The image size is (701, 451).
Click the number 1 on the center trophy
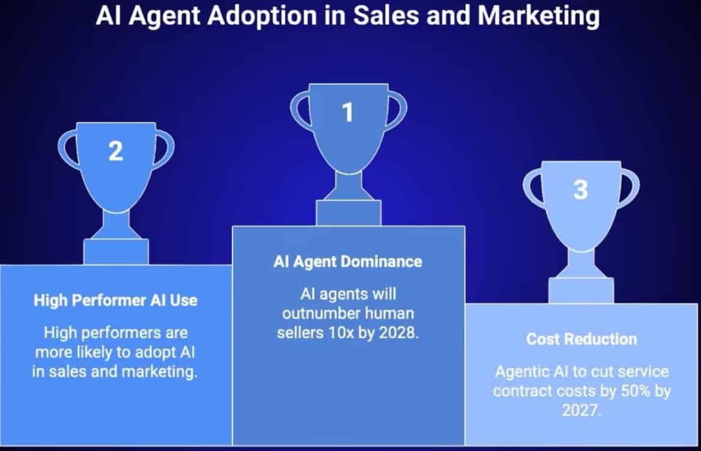click(x=347, y=112)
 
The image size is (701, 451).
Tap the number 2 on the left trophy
click(x=115, y=151)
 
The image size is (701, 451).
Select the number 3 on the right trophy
click(x=580, y=190)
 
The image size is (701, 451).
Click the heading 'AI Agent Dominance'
click(x=348, y=262)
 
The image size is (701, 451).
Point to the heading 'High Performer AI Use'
click(x=115, y=300)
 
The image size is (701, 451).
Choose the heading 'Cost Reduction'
click(x=581, y=339)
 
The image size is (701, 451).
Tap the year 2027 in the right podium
click(x=581, y=410)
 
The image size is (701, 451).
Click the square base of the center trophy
click(x=348, y=213)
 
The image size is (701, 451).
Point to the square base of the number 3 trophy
click(x=581, y=291)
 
